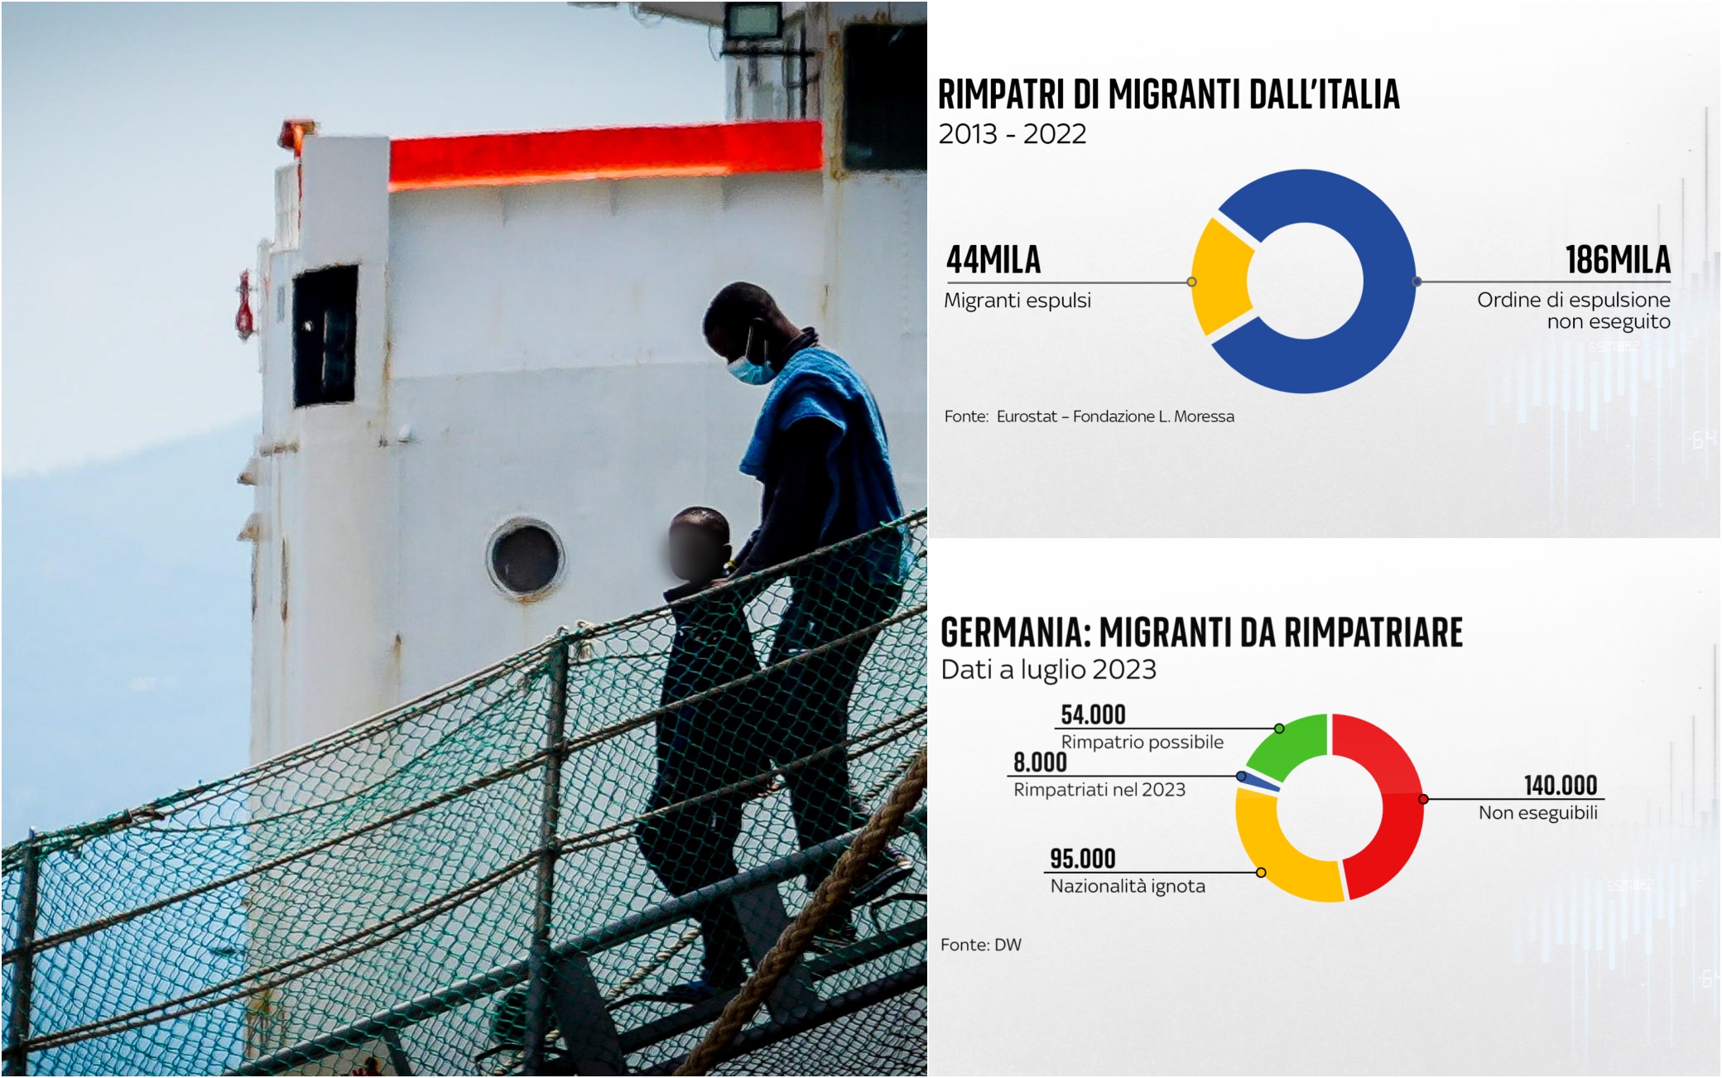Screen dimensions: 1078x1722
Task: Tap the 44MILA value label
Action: pyautogui.click(x=993, y=260)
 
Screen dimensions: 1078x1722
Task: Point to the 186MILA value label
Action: pyautogui.click(x=1617, y=260)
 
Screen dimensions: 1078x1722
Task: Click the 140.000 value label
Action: pyautogui.click(x=1561, y=785)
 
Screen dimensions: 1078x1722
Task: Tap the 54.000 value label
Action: pyautogui.click(x=1093, y=715)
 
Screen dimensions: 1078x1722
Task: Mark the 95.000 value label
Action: pyautogui.click(x=1083, y=859)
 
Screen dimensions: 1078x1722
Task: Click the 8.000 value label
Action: pyautogui.click(x=1040, y=762)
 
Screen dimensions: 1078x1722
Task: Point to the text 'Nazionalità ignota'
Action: pyautogui.click(x=1128, y=886)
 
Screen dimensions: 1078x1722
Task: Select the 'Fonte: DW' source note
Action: pyautogui.click(x=981, y=945)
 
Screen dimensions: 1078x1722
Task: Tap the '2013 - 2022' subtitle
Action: pyautogui.click(x=1012, y=134)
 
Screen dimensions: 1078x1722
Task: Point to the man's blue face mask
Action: pyautogui.click(x=750, y=366)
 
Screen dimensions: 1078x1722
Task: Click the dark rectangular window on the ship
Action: pyautogui.click(x=325, y=334)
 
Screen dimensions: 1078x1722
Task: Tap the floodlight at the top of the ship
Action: pyautogui.click(x=752, y=20)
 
